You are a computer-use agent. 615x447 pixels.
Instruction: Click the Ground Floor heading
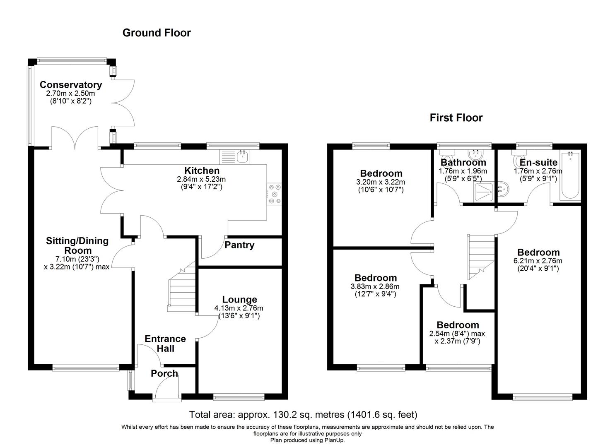(157, 33)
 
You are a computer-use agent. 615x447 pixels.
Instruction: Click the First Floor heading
(456, 118)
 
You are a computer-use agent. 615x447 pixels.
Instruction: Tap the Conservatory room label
(71, 85)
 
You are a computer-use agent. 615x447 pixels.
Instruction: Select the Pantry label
(239, 245)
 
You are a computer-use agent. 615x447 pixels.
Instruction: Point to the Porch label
(164, 374)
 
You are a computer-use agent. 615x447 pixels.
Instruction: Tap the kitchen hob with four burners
(274, 193)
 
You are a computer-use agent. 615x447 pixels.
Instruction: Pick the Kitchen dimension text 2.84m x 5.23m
(202, 179)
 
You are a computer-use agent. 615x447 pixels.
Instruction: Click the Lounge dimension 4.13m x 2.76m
(239, 308)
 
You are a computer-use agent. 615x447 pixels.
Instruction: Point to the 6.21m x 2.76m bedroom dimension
(538, 261)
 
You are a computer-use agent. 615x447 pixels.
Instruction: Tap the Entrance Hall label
(165, 344)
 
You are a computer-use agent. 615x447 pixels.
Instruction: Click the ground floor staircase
(181, 290)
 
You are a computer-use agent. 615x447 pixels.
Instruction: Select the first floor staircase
(482, 257)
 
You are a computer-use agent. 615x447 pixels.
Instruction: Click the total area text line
(303, 414)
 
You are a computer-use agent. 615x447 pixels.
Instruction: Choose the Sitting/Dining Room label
(77, 245)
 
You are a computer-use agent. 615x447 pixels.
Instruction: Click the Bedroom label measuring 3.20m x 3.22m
(381, 173)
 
